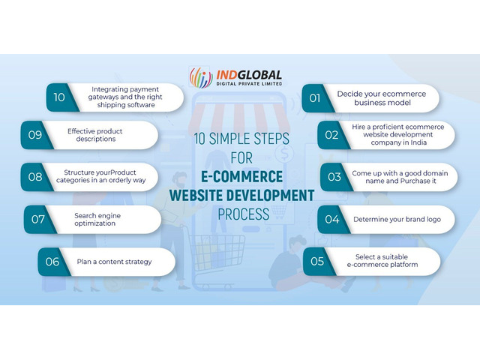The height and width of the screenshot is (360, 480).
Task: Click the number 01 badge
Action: click(x=315, y=98)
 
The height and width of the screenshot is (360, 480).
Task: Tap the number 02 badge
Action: click(x=331, y=135)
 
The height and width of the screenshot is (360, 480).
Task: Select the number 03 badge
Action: click(x=334, y=177)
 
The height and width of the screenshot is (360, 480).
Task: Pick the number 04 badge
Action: click(x=331, y=219)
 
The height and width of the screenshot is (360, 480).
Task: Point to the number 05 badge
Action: click(x=317, y=262)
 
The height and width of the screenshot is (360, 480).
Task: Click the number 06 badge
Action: click(x=52, y=262)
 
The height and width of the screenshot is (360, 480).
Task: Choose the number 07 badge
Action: click(x=38, y=219)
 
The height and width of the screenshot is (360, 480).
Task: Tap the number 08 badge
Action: click(x=35, y=177)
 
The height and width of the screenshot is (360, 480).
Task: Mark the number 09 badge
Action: click(x=35, y=135)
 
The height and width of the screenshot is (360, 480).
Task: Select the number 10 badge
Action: click(x=60, y=97)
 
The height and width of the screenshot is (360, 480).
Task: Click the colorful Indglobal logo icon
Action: click(x=201, y=78)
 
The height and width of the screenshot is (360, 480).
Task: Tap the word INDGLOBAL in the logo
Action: click(x=249, y=75)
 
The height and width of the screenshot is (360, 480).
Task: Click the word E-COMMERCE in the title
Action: click(x=241, y=177)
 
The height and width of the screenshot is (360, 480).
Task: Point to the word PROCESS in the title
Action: click(x=243, y=214)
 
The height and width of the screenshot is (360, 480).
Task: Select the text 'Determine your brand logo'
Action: click(x=397, y=220)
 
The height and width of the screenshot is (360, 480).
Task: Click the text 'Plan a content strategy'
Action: click(x=114, y=262)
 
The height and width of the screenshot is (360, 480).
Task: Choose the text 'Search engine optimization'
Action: click(x=97, y=220)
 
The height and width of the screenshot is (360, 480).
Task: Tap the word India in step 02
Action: click(x=418, y=142)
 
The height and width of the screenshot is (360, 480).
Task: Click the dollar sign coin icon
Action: click(x=284, y=153)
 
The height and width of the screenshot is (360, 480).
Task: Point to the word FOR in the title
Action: click(x=241, y=158)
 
